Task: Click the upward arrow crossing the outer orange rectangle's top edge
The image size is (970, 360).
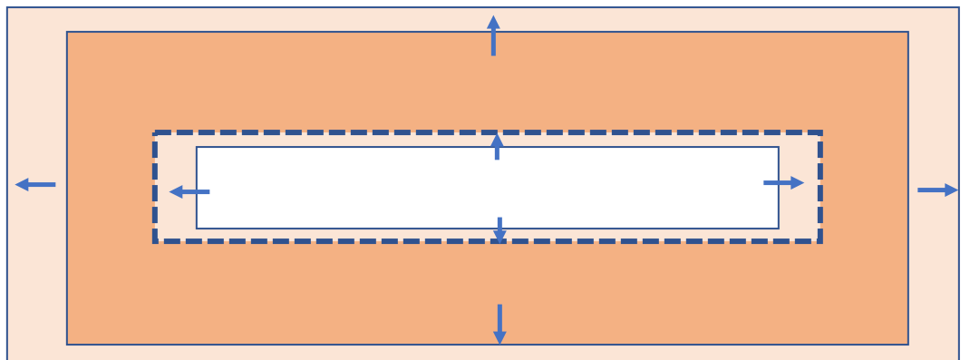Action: click(493, 35)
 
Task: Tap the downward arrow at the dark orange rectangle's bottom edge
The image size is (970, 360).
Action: click(500, 324)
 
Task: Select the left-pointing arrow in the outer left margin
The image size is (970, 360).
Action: click(35, 185)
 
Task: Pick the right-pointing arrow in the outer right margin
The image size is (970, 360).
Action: click(937, 190)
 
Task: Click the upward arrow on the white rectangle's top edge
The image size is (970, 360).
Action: click(497, 147)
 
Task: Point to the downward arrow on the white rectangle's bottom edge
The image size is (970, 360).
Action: click(500, 230)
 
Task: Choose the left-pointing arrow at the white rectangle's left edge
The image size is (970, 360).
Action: click(189, 191)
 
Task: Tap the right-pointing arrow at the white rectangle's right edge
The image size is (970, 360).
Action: click(783, 183)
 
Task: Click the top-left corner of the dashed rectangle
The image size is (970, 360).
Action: click(155, 133)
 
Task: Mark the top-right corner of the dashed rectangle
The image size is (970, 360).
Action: click(820, 133)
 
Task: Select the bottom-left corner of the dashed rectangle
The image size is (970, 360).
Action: click(155, 241)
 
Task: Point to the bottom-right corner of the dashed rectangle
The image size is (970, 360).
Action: click(820, 241)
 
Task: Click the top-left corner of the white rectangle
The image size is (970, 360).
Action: click(197, 147)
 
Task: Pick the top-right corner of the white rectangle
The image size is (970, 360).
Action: click(779, 147)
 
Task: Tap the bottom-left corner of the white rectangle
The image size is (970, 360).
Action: click(197, 229)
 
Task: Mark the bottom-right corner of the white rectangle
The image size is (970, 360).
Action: click(779, 229)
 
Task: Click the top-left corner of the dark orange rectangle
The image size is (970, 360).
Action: click(67, 32)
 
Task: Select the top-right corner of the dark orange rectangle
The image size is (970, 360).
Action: click(908, 32)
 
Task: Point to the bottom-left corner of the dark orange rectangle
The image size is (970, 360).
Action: click(67, 345)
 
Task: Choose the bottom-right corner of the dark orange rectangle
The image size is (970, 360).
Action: click(908, 345)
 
